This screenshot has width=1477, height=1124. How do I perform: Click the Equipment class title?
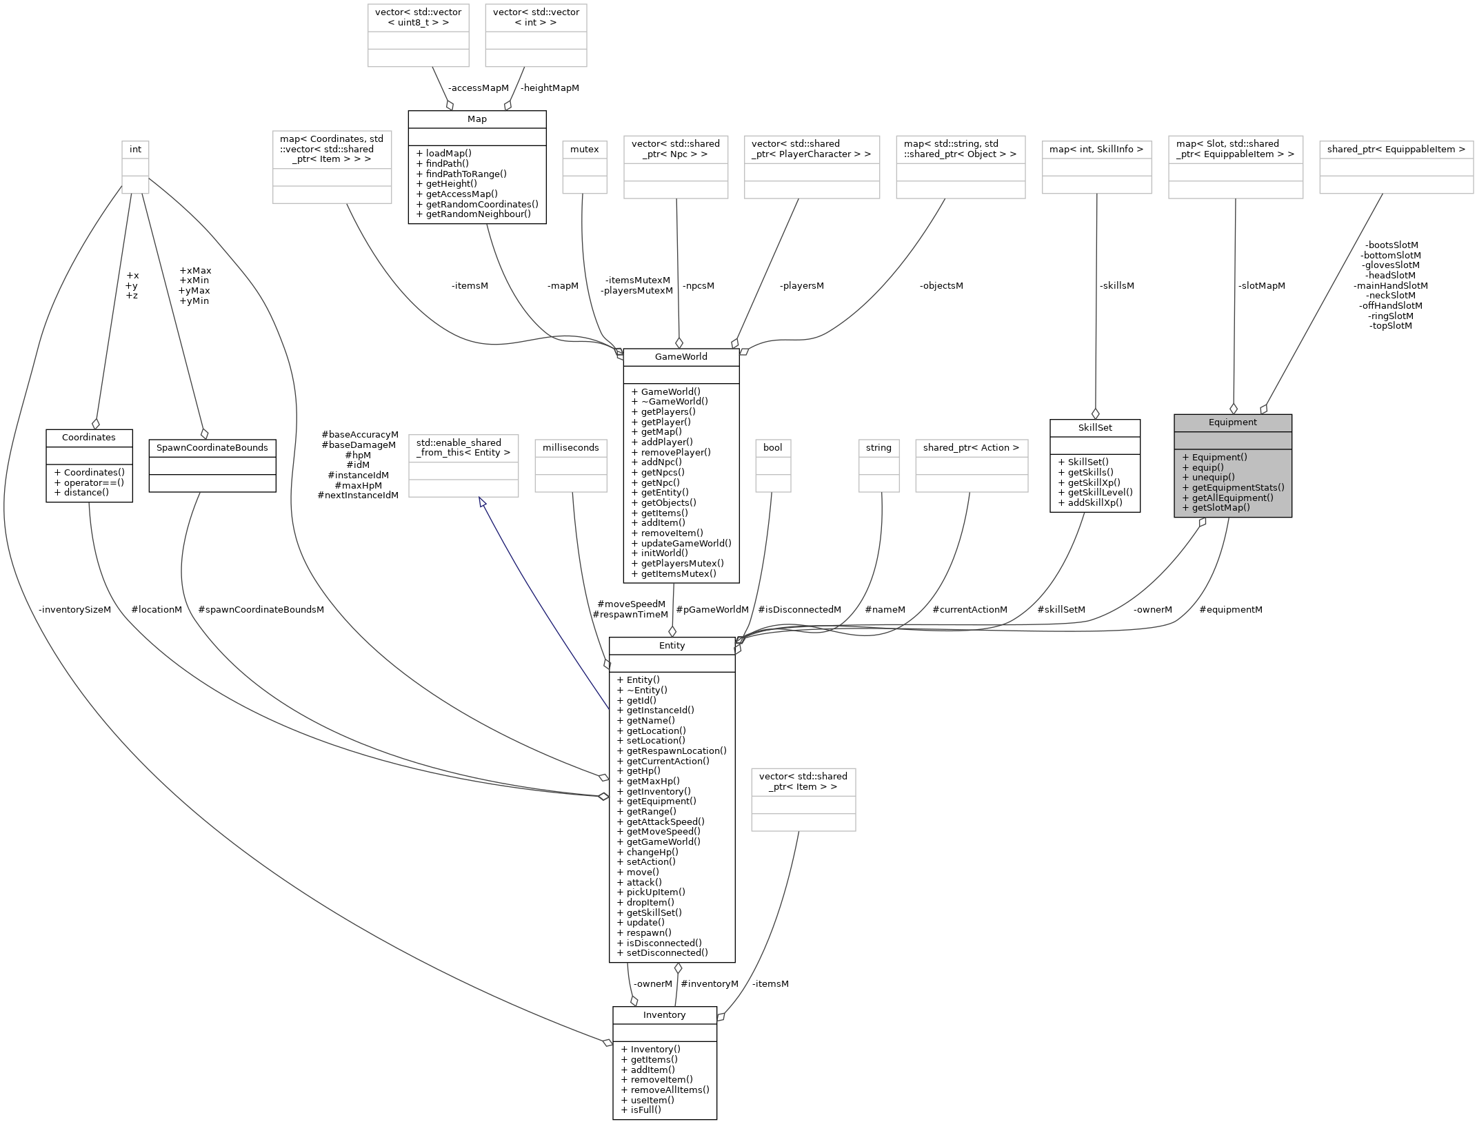[1232, 422]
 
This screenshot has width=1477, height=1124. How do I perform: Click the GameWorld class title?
[681, 357]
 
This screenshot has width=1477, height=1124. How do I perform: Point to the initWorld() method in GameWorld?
[664, 553]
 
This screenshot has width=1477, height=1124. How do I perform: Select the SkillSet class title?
[1094, 428]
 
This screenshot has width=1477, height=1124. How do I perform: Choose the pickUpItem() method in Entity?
[655, 892]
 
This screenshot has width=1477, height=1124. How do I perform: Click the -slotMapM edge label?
[1261, 285]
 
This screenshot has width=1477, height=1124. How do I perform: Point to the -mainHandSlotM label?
[1390, 285]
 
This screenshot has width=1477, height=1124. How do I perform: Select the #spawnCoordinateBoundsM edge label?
[261, 609]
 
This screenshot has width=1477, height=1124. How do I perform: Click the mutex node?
[585, 149]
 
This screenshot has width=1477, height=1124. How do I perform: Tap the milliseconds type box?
[571, 448]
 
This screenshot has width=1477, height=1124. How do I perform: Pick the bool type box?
[772, 448]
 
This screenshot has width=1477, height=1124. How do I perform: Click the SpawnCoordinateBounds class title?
[212, 448]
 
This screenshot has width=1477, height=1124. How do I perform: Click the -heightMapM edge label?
[549, 88]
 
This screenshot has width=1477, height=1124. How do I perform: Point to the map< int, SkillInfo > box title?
[1096, 149]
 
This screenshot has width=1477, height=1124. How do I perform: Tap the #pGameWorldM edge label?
[712, 609]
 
